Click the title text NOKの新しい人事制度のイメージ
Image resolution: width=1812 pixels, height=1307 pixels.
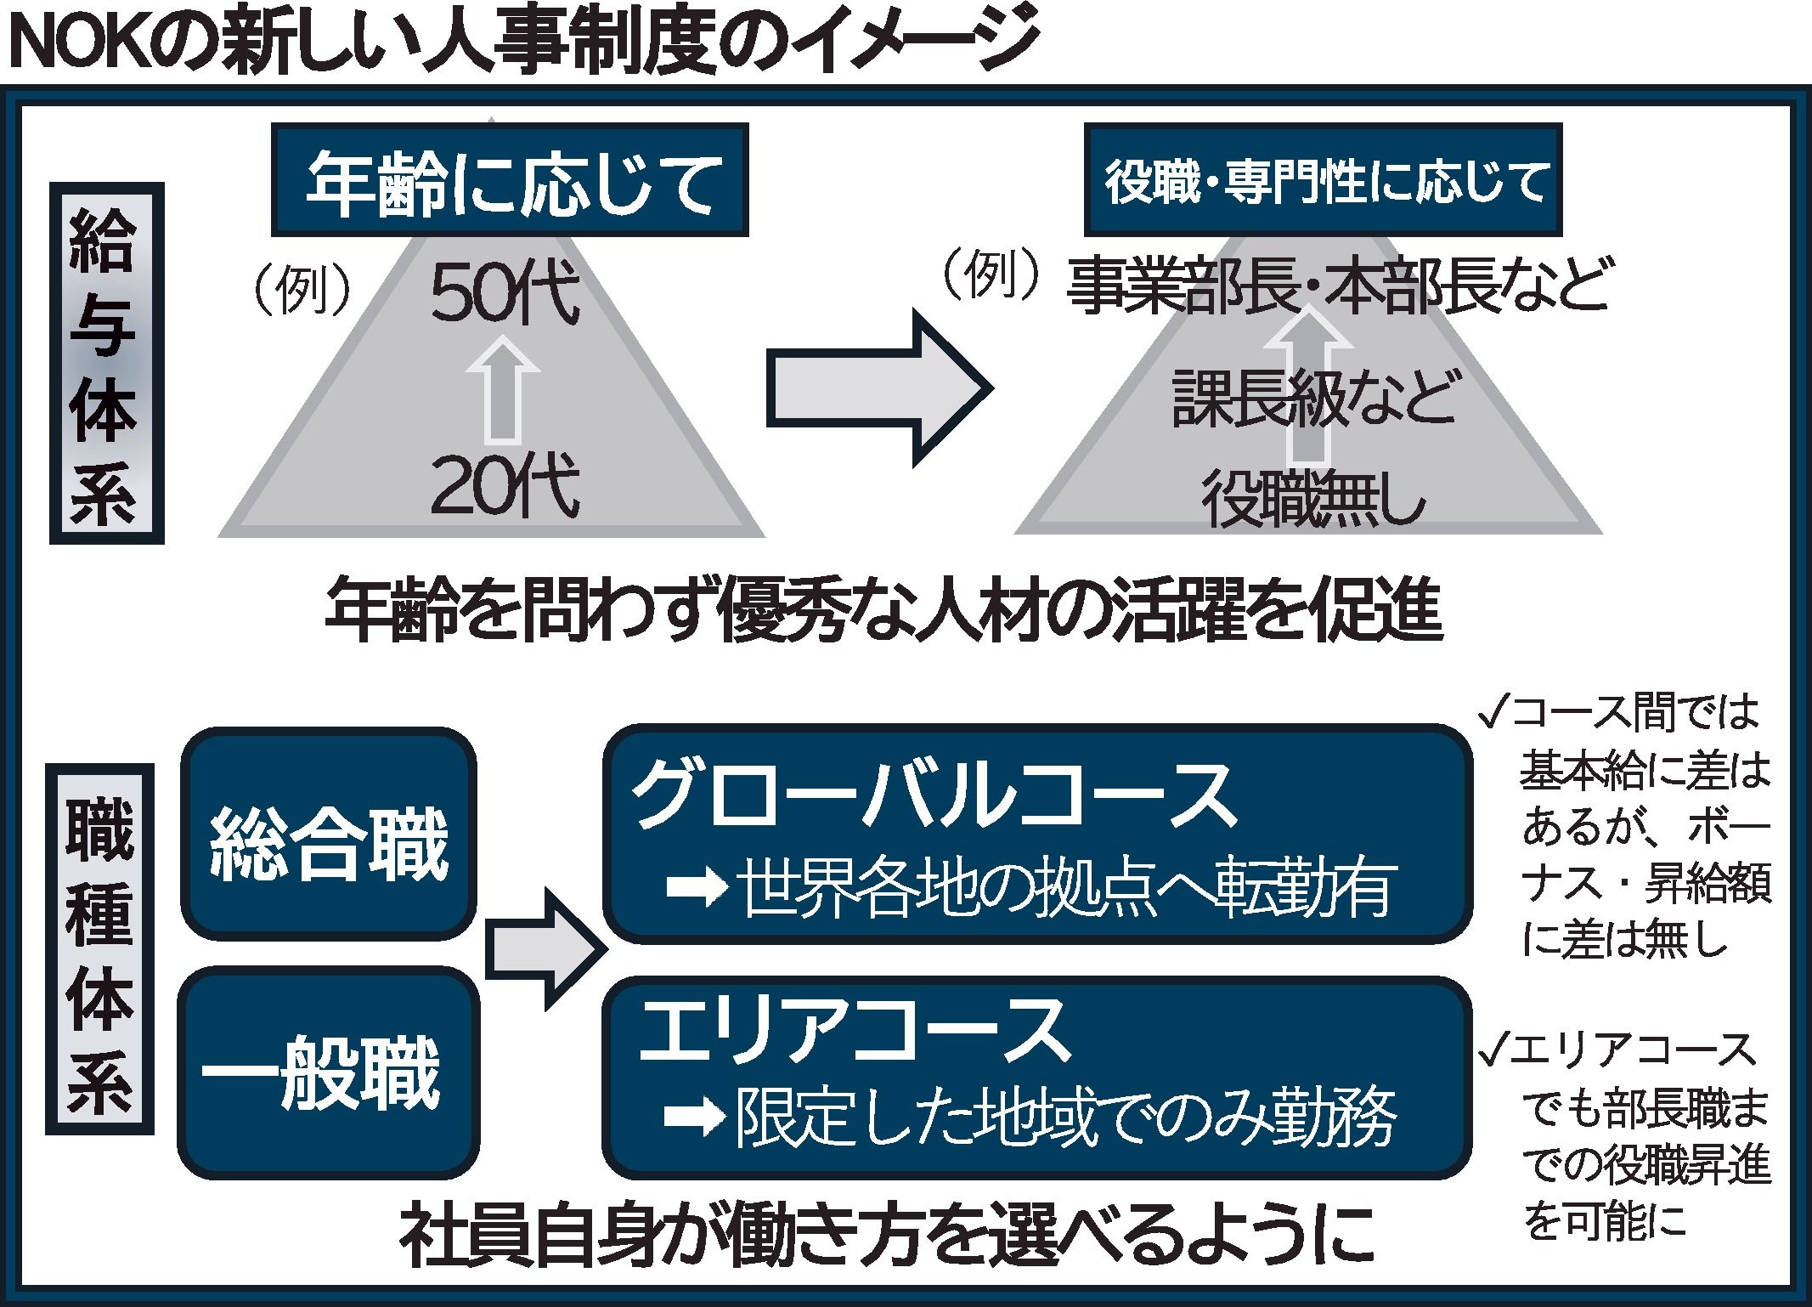coord(522,42)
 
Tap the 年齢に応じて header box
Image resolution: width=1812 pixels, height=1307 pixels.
coord(510,181)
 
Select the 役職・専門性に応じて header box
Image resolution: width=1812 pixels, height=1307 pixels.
coord(1323,181)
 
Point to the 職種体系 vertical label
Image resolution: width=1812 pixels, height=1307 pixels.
coord(100,949)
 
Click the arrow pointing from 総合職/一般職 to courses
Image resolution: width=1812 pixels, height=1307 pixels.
coord(544,949)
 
